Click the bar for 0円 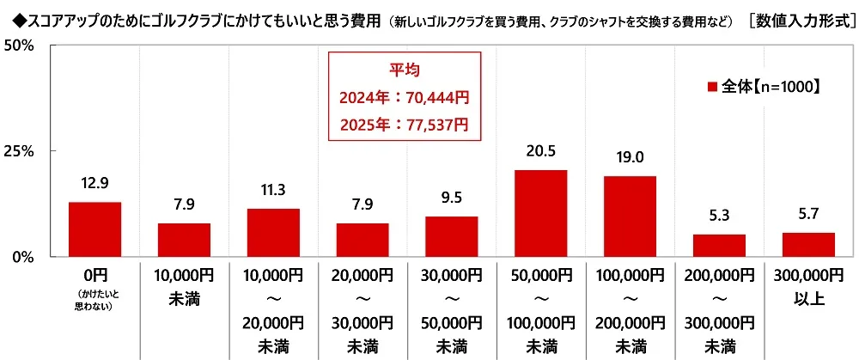(x=94, y=229)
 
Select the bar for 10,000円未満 (x=184, y=240)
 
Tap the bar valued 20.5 (x=541, y=213)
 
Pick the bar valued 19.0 (x=631, y=217)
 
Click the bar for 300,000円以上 (x=808, y=245)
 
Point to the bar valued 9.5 (x=452, y=236)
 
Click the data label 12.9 (x=94, y=183)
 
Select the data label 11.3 (x=273, y=190)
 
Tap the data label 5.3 (x=719, y=215)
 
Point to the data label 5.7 (x=808, y=213)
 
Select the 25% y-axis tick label (x=17, y=151)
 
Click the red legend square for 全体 (x=711, y=87)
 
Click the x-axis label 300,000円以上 (x=808, y=286)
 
